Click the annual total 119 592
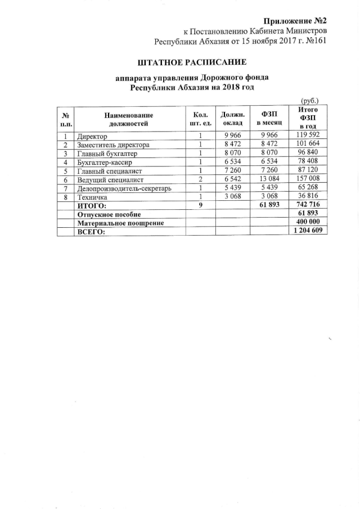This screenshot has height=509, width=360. pos(308,136)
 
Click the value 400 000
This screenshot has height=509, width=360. pos(307,223)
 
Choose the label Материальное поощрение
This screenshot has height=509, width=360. pos(120,223)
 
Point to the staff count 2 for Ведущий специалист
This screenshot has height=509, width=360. pos(200,179)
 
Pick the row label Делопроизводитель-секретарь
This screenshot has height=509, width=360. pos(123,188)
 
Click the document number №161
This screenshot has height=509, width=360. pos(314,40)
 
